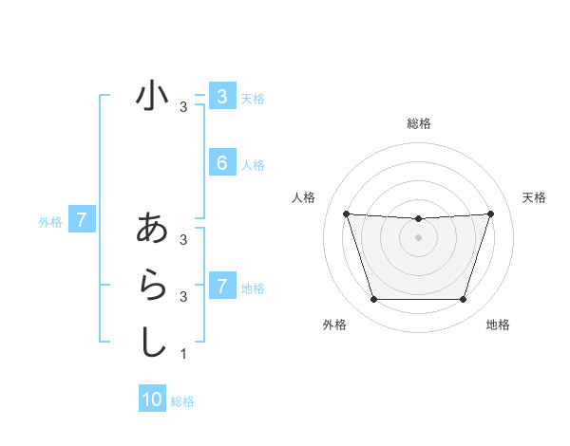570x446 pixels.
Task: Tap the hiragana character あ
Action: [x=152, y=230]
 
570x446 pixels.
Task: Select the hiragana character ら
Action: [x=152, y=285]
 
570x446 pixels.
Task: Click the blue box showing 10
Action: [x=152, y=400]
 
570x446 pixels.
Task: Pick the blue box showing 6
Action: [x=221, y=163]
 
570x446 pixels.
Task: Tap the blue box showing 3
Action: [x=221, y=96]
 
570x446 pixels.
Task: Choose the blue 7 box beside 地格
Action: [x=221, y=286]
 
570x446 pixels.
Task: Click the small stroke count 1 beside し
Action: [x=183, y=354]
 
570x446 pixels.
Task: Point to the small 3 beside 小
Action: [x=183, y=107]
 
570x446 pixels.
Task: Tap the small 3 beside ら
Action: [x=183, y=297]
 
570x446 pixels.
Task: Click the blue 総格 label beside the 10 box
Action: [x=182, y=401]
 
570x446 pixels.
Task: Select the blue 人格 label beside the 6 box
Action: [x=253, y=165]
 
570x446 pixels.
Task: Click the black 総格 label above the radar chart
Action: [x=418, y=123]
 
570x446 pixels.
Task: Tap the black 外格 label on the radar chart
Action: [x=334, y=325]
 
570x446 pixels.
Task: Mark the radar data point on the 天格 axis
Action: [x=490, y=214]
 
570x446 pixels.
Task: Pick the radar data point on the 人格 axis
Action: [x=346, y=214]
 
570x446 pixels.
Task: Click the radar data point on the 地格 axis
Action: [x=463, y=299]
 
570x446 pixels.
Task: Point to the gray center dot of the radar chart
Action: [x=418, y=237]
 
